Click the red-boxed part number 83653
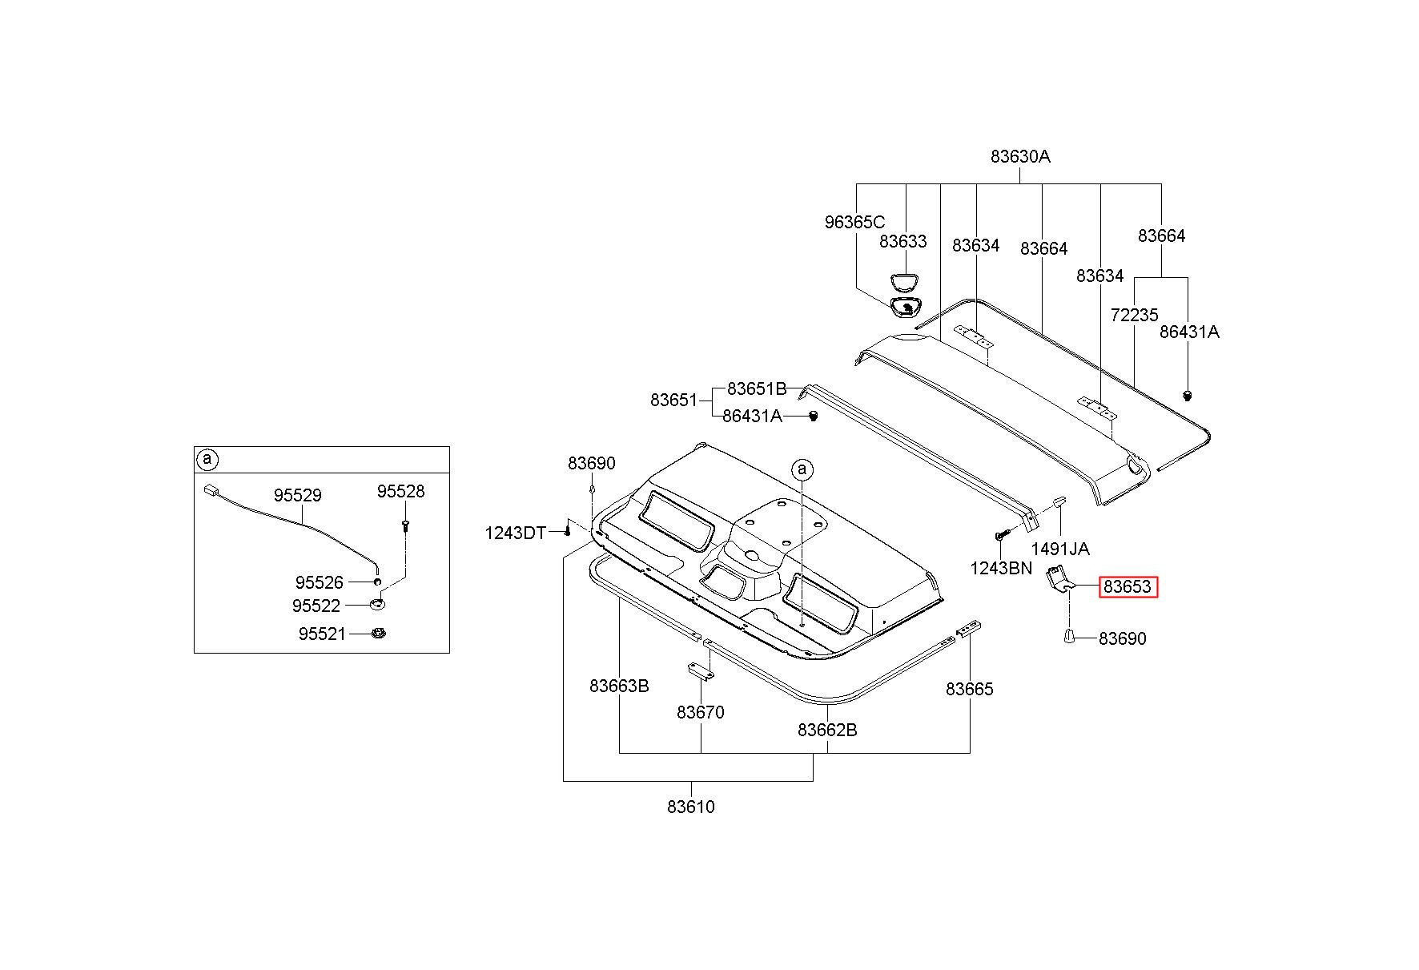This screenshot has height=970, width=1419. coord(1128,586)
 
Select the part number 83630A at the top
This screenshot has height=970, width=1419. coord(1020,156)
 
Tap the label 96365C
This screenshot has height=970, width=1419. coord(854,222)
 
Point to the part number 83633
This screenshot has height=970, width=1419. coord(902,241)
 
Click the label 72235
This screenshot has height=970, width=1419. coord(1135,315)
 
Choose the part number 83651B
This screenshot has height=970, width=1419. coord(757,389)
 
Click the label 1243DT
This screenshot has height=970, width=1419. coord(515,533)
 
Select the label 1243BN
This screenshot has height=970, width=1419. coord(1001,568)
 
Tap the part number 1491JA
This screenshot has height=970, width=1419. coord(1059,549)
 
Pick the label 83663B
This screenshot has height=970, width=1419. coord(619,686)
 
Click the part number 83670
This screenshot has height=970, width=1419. coord(700,712)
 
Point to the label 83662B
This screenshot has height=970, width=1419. coord(827,730)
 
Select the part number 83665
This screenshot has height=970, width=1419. coord(969,689)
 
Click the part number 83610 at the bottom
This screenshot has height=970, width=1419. coord(690,807)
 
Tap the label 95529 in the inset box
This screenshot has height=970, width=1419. coord(297,495)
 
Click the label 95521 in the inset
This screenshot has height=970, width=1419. coord(322,634)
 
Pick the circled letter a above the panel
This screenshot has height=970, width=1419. coord(802,469)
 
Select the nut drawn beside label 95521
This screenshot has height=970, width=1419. coord(380,634)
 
